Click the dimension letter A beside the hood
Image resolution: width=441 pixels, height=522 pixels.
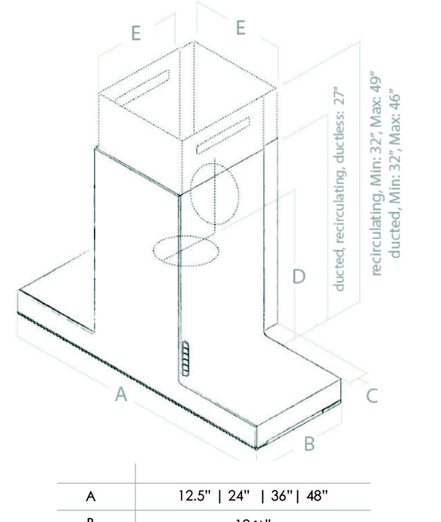122,395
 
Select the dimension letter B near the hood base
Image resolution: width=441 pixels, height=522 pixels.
309,443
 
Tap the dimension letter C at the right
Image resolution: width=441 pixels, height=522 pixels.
372,395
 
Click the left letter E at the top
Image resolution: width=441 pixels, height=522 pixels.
135,33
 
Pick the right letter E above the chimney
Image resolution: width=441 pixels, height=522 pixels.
239,28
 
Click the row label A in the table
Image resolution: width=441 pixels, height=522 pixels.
91,497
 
